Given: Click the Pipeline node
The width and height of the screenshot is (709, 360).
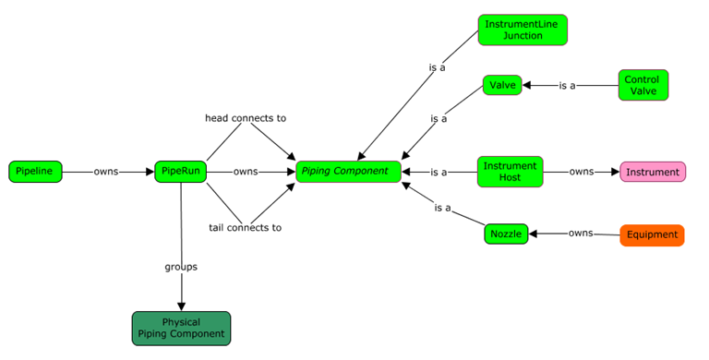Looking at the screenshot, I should point(36,172).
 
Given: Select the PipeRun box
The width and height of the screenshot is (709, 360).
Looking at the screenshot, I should point(180,172).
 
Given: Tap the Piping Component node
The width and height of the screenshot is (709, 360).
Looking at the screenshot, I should point(349,172).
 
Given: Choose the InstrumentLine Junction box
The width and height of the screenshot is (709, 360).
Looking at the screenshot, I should point(523,30).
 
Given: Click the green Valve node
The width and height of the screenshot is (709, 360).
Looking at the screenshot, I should point(503,85).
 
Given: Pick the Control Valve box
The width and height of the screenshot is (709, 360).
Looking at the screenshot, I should point(643,85).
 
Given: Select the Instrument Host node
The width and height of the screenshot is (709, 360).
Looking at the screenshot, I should point(511,171).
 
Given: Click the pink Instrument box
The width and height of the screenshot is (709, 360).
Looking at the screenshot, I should point(653,172).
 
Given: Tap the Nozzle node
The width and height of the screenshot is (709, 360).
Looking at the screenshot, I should point(506,234).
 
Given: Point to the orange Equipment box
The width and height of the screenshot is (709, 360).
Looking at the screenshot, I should point(652,234).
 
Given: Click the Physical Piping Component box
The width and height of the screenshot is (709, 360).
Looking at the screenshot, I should point(181,328).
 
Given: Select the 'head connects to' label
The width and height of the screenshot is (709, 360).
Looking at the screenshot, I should point(246,118).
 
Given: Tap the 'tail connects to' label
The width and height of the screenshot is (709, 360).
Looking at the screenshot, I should point(246,227).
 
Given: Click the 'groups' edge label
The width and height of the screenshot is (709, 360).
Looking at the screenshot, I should point(181,267).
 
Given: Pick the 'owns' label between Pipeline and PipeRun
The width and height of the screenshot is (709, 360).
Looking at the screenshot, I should point(106,172).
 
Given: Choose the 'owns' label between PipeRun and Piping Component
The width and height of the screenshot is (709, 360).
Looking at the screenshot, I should point(246,172).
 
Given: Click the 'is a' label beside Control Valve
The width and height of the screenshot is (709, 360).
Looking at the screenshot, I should point(567,86).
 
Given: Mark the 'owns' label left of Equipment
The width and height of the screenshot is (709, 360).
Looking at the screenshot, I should point(581,234).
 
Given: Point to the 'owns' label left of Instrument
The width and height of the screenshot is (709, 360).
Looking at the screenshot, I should point(582,172).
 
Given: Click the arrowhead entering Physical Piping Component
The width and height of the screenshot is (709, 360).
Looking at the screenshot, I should point(181,306).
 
